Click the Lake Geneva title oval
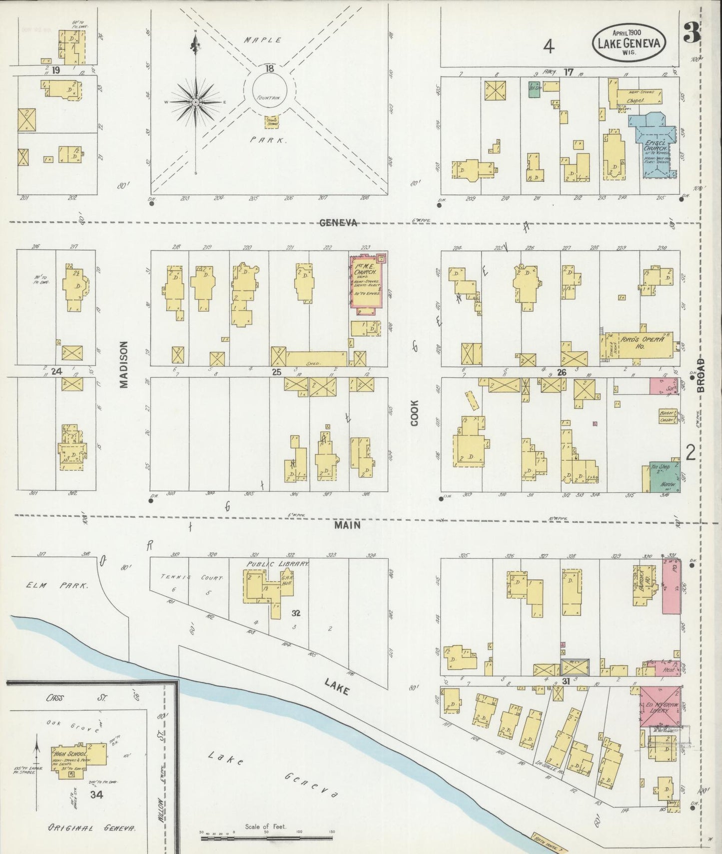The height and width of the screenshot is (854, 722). [629, 43]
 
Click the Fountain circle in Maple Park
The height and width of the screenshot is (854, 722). [269, 92]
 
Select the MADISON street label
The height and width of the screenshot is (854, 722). [124, 364]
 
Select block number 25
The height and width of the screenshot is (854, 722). [276, 372]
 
